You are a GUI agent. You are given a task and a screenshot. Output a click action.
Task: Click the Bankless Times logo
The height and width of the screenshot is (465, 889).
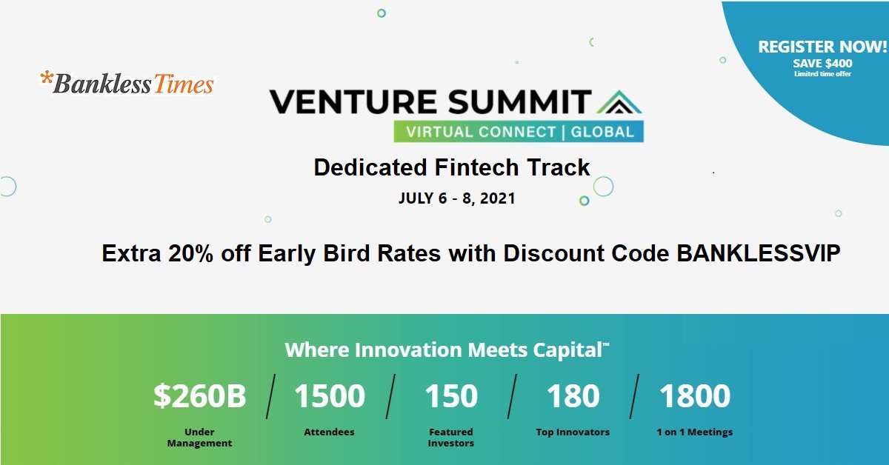pyautogui.click(x=127, y=83)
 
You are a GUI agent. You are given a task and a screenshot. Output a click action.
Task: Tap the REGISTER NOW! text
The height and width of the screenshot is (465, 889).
pyautogui.click(x=822, y=47)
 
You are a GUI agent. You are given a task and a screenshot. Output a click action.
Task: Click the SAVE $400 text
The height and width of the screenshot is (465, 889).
pyautogui.click(x=822, y=64)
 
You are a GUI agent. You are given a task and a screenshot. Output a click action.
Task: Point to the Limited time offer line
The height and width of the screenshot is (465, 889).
pyautogui.click(x=822, y=74)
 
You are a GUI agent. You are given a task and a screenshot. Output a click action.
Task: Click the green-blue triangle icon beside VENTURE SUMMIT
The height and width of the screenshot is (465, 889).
pyautogui.click(x=617, y=102)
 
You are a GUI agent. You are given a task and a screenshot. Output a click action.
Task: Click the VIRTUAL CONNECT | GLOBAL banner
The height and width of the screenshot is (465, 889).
pyautogui.click(x=519, y=132)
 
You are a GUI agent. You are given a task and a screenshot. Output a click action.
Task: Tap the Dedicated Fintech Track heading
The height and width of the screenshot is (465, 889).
pyautogui.click(x=451, y=167)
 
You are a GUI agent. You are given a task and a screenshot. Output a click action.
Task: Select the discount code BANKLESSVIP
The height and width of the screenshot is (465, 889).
pyautogui.click(x=759, y=254)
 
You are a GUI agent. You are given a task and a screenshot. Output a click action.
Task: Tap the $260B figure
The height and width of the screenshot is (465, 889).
pyautogui.click(x=199, y=396)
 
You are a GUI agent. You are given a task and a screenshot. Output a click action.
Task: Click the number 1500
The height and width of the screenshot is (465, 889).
pyautogui.click(x=330, y=396)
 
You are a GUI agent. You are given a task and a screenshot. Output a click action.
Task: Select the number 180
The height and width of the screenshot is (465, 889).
pyautogui.click(x=573, y=396)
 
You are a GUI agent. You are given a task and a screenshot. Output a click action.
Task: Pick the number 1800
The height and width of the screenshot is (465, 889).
pyautogui.click(x=695, y=396)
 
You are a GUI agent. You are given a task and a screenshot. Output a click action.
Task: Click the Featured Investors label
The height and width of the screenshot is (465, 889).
pyautogui.click(x=450, y=437)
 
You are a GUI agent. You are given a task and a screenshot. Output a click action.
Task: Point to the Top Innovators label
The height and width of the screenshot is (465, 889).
pyautogui.click(x=573, y=432)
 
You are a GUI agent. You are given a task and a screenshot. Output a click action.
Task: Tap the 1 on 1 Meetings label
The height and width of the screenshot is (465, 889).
pyautogui.click(x=695, y=432)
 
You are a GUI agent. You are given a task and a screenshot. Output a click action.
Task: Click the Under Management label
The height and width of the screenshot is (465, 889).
pyautogui.click(x=199, y=437)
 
